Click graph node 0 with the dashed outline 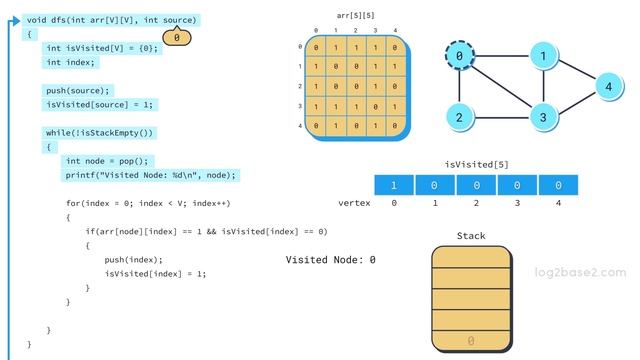(459, 57)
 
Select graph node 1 (543, 57)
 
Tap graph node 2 (459, 117)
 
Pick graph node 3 (543, 117)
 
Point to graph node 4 (608, 87)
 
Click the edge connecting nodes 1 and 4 (576, 72)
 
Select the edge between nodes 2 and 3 (501, 117)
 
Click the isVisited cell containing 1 (394, 185)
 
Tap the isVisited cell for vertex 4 (558, 185)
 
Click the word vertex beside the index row (354, 203)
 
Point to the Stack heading (471, 236)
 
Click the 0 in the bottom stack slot (471, 342)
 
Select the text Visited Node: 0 (331, 260)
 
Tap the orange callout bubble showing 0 (176, 38)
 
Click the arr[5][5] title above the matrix (355, 15)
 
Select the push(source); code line (78, 90)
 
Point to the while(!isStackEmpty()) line (101, 133)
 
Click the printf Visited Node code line (151, 175)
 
